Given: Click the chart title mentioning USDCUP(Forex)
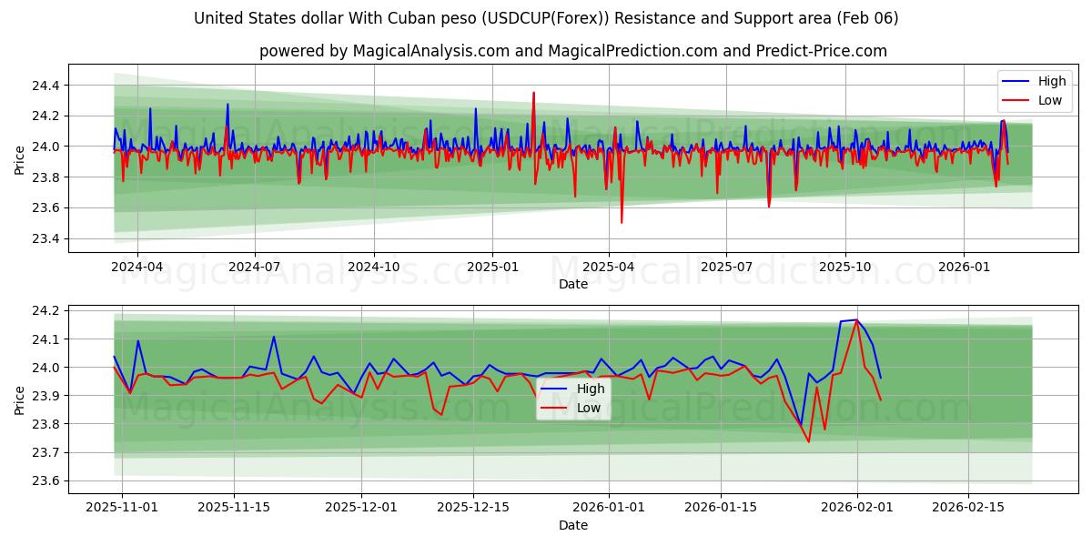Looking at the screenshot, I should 546,18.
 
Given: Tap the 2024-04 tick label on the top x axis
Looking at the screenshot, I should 136,267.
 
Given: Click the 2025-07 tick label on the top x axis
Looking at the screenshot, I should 725,267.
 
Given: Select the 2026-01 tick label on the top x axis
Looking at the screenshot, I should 964,267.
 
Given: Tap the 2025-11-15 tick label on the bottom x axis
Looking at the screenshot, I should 234,508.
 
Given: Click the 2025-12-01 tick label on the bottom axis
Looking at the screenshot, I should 361,508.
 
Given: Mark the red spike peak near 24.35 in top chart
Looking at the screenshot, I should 533,93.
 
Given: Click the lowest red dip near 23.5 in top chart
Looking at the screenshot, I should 622,222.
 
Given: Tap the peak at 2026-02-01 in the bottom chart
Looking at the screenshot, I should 856,320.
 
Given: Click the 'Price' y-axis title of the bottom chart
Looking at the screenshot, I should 20,399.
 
